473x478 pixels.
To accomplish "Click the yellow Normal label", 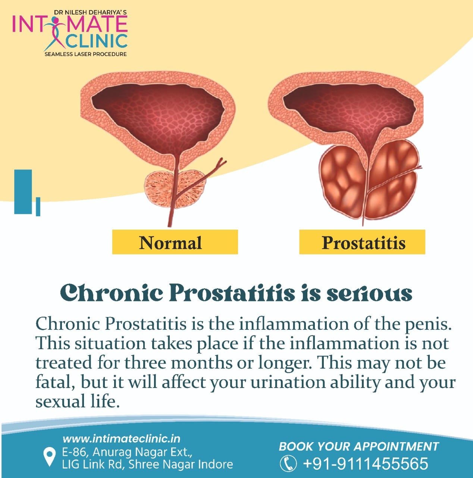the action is point(175,242).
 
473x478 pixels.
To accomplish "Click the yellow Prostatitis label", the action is point(362,242).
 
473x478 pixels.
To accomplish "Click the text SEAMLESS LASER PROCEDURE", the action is point(85,54).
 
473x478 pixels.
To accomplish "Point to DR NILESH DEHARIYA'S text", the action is point(91,12).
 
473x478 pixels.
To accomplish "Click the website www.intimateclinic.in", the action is point(122,439).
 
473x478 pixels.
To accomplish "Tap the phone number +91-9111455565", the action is point(366,463).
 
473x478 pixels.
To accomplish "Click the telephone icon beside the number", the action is point(288,463).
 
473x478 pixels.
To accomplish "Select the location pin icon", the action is point(49,457).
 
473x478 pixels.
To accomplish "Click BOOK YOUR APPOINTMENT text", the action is point(359,446).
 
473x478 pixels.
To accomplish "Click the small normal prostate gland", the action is point(175,189).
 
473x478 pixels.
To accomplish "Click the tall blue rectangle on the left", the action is point(23,192).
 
